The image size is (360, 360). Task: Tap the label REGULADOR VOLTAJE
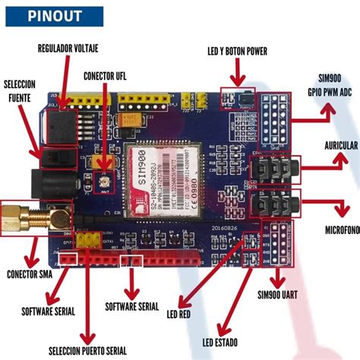[x=68, y=49]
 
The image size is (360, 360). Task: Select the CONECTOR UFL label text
[x=110, y=75]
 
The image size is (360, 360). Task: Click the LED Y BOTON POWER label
[x=237, y=50]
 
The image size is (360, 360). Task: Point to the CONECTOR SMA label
[x=30, y=274]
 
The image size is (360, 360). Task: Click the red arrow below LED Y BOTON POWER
[x=237, y=74]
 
